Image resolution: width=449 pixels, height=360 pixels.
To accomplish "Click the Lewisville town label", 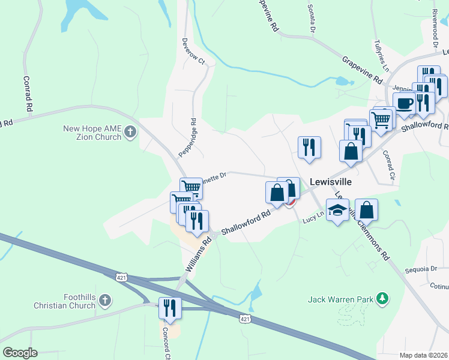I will click(x=330, y=181).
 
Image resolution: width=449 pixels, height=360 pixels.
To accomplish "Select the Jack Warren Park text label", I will click(x=340, y=299).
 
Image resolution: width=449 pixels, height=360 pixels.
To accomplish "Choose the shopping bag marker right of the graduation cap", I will click(x=366, y=210).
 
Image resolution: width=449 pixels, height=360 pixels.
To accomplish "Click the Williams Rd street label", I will click(x=199, y=254).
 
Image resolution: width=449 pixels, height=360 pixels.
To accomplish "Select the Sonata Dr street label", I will click(x=312, y=18).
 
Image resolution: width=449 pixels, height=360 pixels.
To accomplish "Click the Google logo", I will click(x=20, y=352).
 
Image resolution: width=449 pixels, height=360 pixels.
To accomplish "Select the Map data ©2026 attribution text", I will click(x=423, y=355).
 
